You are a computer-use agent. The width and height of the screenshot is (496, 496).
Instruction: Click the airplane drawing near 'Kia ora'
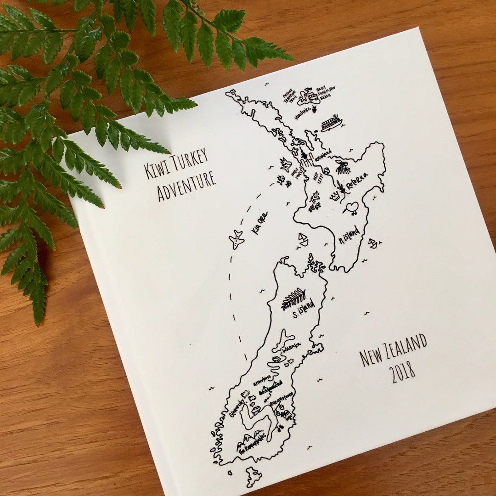click(x=237, y=239)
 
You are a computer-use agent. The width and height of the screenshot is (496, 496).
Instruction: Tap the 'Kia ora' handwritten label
click(x=260, y=223)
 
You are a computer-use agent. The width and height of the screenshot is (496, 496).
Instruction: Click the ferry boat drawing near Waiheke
click(x=331, y=124)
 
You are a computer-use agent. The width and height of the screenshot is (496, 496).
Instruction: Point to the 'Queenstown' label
click(x=281, y=401)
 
